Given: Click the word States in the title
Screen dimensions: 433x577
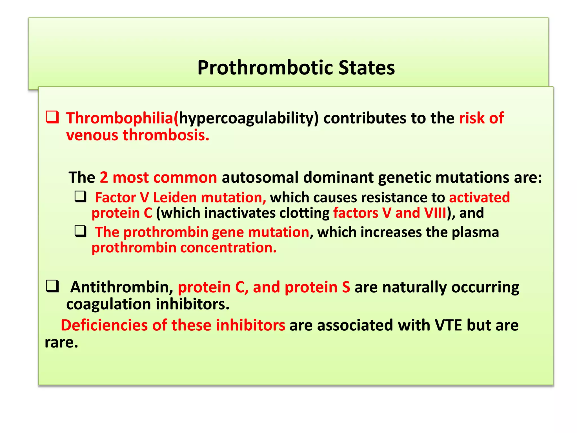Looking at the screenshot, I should [367, 68].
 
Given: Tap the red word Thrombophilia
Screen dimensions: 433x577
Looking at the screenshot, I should [119, 118].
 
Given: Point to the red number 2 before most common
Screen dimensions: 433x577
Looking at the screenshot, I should [104, 178].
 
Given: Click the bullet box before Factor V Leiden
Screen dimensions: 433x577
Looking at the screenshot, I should [81, 196].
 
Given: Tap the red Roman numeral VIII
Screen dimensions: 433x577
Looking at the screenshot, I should [436, 213].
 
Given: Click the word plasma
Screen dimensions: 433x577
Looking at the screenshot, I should [475, 232].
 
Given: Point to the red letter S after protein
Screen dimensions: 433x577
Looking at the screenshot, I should [346, 287].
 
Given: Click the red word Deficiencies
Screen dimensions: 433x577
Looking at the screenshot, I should [104, 325].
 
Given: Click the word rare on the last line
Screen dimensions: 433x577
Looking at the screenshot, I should [61, 343].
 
